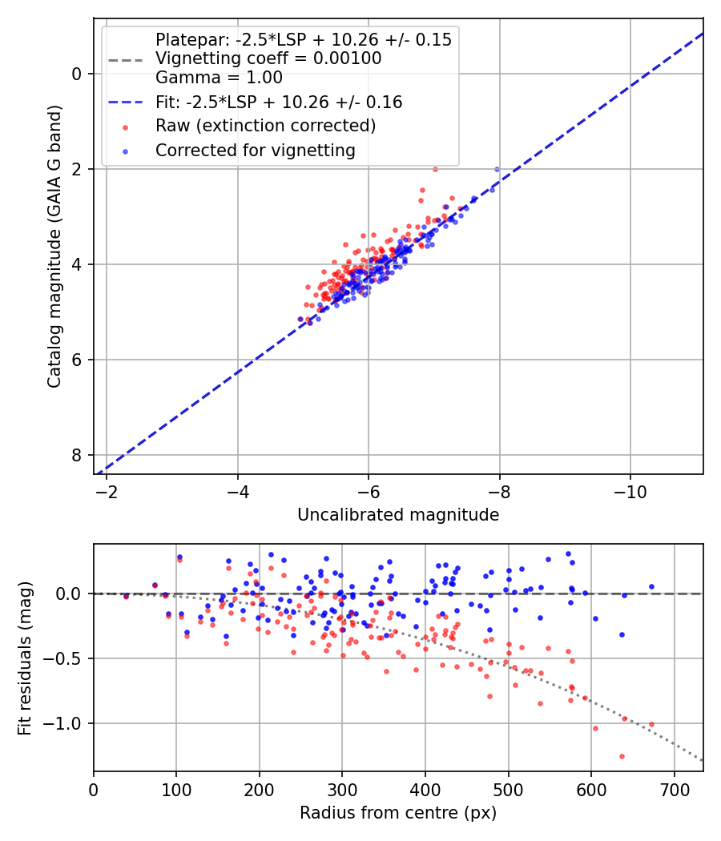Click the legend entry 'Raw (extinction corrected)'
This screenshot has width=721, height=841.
click(265, 126)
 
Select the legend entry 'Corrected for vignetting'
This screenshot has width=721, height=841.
click(254, 150)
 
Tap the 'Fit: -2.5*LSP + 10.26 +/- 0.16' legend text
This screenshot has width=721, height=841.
click(279, 102)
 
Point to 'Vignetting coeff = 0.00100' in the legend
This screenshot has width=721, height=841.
click(268, 58)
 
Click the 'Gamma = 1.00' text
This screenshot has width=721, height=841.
click(219, 78)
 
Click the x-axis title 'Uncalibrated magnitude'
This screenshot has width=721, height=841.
click(398, 515)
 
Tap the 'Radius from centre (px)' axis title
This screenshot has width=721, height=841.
click(398, 813)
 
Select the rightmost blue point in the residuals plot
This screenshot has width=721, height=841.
click(651, 586)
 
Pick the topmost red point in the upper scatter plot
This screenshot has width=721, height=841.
click(435, 169)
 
